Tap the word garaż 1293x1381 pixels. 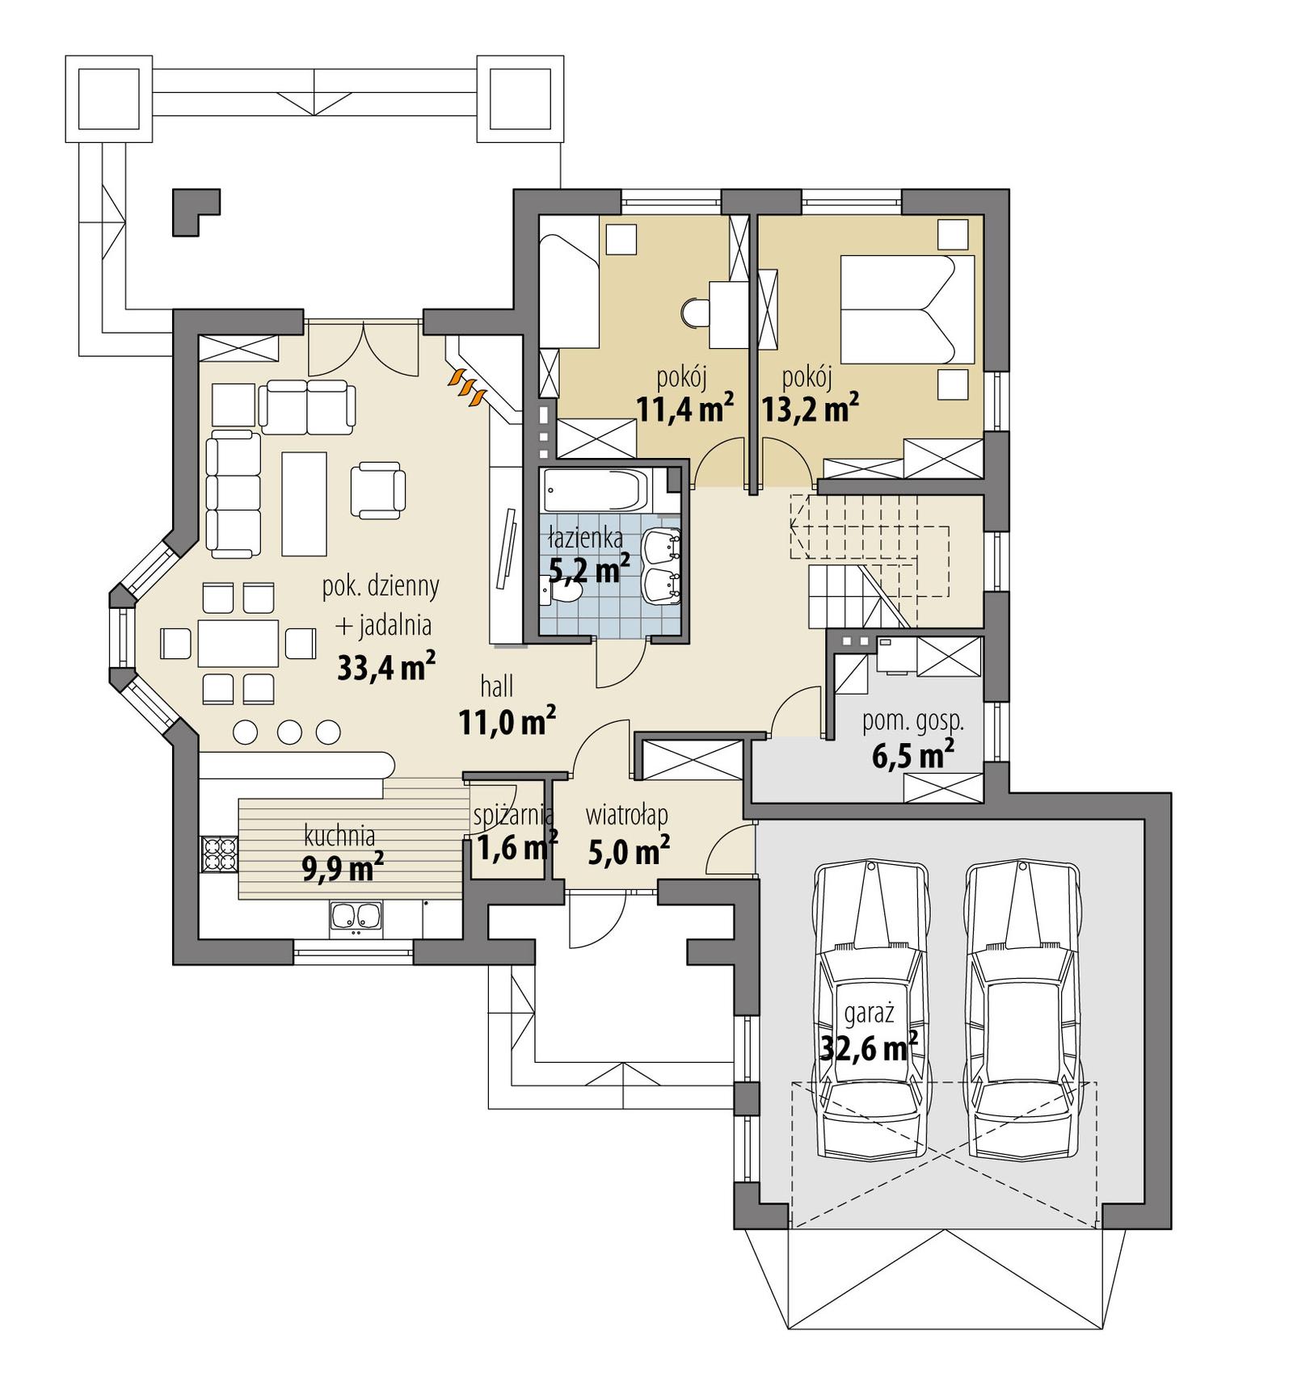(x=868, y=1012)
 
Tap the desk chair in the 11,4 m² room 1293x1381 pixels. (x=694, y=313)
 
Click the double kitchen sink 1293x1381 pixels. (x=356, y=917)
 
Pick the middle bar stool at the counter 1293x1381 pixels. (x=289, y=732)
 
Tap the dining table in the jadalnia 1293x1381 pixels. (x=238, y=643)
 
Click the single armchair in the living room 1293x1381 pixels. (x=377, y=489)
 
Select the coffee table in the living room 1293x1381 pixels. (x=304, y=504)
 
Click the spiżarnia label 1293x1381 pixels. (x=513, y=815)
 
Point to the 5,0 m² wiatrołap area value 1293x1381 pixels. (x=628, y=851)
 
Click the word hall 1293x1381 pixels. (x=496, y=687)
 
